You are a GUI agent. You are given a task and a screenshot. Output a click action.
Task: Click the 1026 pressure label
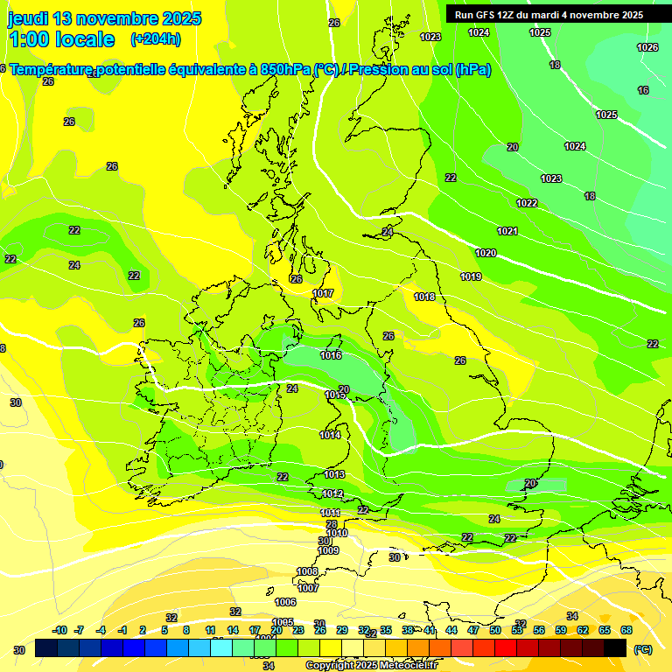coord(647,47)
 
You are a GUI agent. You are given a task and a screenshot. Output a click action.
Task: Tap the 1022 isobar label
coord(527,203)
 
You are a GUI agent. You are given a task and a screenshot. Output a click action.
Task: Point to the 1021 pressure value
coord(507,231)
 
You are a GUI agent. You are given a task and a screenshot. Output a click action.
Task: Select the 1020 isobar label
coord(486,253)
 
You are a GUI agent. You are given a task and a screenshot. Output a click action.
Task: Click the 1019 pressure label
coord(471,276)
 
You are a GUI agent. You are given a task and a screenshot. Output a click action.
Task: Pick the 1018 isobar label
coord(424,297)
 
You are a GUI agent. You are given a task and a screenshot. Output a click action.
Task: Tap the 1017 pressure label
coord(323,293)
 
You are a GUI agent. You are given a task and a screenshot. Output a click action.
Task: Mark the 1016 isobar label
coord(331,355)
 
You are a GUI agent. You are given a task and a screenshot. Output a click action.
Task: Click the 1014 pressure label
coord(330,435)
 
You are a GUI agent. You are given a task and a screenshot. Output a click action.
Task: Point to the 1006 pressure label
coord(285,602)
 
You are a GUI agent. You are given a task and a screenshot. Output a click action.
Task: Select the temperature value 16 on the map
coord(643,90)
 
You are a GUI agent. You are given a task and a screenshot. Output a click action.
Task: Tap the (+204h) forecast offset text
coord(156,38)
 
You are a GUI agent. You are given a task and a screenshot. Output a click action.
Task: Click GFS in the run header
coord(487,15)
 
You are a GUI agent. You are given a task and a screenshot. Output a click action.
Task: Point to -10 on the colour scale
coord(59,630)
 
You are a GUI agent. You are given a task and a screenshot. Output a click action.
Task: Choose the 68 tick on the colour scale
coord(626,630)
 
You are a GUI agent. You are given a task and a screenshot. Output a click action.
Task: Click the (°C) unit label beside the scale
coord(643,649)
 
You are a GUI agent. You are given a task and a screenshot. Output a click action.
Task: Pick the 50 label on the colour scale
coord(495,630)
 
